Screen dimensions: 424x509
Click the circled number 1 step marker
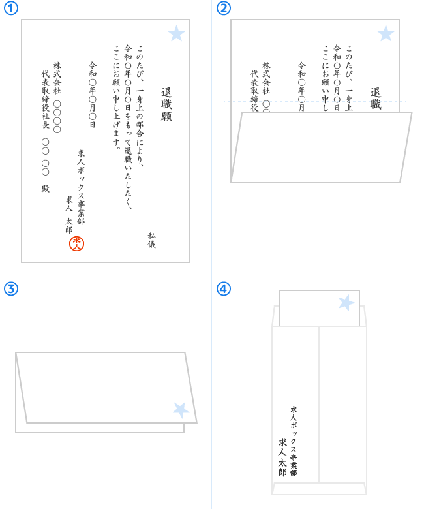(10, 8)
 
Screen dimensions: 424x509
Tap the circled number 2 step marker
(224, 8)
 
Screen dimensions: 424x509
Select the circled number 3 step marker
(10, 288)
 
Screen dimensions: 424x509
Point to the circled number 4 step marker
(224, 288)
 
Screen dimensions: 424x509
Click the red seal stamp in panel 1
(76, 244)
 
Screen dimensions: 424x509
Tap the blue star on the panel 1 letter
(177, 33)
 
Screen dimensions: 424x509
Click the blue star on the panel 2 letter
(386, 33)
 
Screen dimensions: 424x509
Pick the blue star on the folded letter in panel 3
(181, 410)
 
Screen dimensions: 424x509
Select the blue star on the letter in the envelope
(346, 303)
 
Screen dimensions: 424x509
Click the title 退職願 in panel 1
(166, 104)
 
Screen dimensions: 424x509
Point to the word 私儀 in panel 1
(151, 240)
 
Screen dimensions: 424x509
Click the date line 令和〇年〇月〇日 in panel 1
(93, 95)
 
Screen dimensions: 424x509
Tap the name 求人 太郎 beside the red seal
(68, 215)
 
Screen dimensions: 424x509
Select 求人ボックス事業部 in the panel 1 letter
(81, 187)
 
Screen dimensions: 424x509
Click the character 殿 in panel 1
(46, 189)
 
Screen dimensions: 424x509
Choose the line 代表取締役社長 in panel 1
(46, 99)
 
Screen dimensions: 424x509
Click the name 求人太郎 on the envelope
(282, 457)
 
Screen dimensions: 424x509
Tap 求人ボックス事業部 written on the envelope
(294, 441)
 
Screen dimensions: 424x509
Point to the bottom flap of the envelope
(319, 489)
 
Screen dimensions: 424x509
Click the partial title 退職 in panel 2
(376, 99)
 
